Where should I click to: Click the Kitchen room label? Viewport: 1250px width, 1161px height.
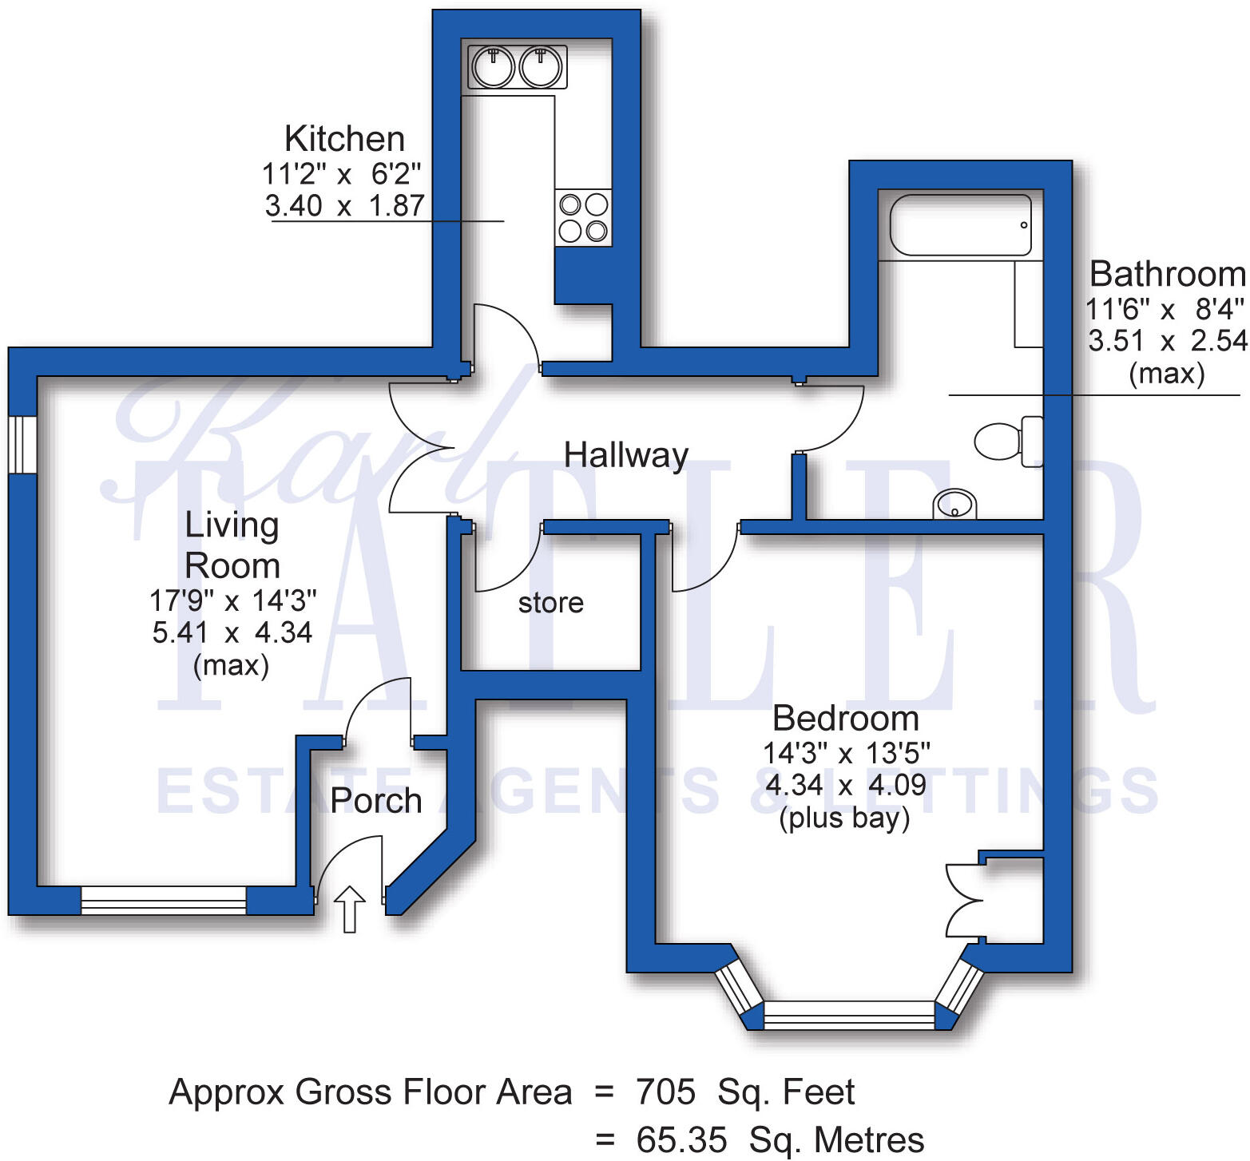345,139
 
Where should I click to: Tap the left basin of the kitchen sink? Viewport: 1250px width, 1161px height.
492,66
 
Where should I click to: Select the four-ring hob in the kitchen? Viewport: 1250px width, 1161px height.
584,218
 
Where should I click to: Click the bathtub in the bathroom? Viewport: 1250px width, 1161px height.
961,225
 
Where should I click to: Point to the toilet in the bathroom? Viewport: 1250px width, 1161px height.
1009,441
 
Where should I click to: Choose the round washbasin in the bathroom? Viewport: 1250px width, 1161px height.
954,504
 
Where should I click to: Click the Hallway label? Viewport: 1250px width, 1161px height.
626,455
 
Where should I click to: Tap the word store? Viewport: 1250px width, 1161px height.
550,603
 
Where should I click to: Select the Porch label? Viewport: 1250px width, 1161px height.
376,800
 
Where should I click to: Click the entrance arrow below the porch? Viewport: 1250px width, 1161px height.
349,909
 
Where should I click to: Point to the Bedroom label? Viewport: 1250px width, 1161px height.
846,719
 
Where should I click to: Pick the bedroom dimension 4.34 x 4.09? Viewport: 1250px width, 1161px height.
846,785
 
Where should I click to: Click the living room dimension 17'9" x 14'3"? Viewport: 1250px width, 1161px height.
232,599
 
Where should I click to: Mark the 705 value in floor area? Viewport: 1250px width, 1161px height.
665,1092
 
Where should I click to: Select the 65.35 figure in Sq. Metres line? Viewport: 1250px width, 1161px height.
681,1139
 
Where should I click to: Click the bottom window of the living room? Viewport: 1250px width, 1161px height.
164,900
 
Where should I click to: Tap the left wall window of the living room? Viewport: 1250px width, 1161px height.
22,445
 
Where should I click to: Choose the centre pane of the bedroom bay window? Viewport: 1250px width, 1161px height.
849,1014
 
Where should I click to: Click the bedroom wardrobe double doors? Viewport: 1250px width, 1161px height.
964,900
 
